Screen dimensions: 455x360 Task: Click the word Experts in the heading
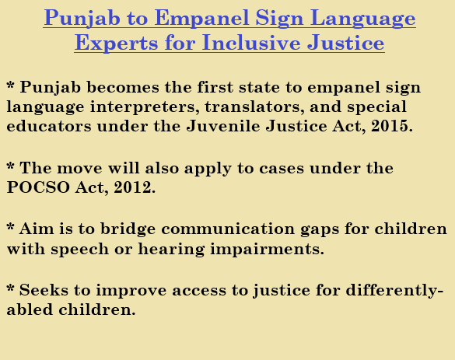[x=117, y=44]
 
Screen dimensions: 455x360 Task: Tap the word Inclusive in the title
[x=251, y=43]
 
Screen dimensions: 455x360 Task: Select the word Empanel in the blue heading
[x=201, y=19]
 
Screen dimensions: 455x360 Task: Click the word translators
[x=254, y=107]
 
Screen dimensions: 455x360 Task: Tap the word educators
[x=49, y=126]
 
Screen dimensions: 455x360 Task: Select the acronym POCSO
[x=38, y=187]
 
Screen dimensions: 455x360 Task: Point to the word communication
[x=228, y=229]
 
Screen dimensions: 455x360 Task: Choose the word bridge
[x=128, y=229]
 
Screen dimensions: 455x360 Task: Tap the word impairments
[x=268, y=250]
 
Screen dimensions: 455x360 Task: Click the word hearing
[x=171, y=250]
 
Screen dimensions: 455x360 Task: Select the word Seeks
[x=44, y=290]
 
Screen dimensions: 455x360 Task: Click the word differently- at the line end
[x=394, y=291]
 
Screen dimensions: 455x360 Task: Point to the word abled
[x=30, y=309]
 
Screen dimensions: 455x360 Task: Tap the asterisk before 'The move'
[x=10, y=166]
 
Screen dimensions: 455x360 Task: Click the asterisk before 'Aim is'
[x=10, y=227]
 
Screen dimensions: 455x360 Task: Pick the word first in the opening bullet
[x=215, y=87]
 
